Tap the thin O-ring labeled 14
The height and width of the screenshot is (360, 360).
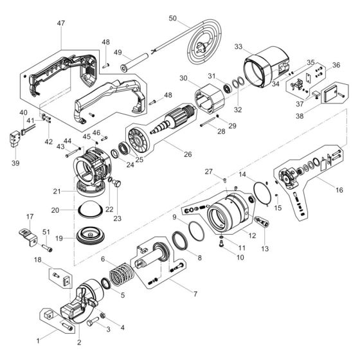pos(260,192)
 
